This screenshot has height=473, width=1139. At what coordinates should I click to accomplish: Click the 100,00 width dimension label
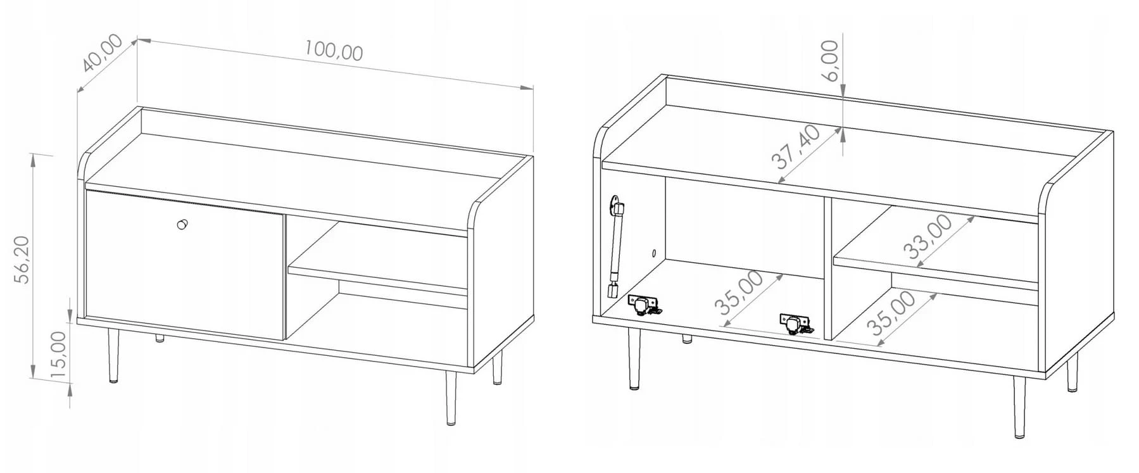click(334, 51)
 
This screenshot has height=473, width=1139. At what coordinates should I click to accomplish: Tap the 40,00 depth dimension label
click(103, 53)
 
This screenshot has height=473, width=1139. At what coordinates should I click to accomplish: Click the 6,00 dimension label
click(829, 60)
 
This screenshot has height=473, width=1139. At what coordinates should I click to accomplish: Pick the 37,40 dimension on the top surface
click(796, 147)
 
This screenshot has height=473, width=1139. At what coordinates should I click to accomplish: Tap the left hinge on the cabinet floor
click(645, 305)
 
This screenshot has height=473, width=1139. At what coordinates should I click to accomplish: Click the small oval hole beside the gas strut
click(654, 253)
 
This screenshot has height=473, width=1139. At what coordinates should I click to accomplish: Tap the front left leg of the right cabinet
click(632, 358)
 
